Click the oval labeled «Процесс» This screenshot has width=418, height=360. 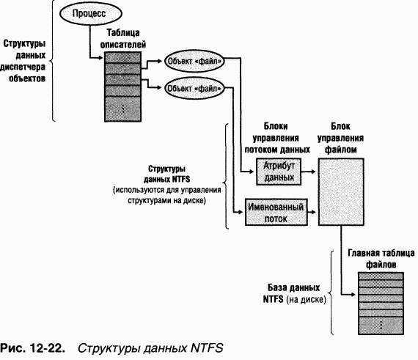point(91,13)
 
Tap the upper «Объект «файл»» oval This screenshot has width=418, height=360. point(194,61)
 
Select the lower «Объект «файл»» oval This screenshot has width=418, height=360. point(194,88)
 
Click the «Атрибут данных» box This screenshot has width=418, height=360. point(279,172)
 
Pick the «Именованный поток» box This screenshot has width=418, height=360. point(276,212)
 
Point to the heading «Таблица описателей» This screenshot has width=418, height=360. point(123,38)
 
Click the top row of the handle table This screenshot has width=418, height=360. point(122,57)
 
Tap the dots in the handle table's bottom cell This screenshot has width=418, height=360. point(123,109)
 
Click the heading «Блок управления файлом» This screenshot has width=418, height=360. point(341,138)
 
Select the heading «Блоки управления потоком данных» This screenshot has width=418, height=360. point(277,138)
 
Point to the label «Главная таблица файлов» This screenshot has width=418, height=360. point(381,259)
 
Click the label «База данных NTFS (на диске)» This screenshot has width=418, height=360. point(294,293)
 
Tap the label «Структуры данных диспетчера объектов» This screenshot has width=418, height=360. point(23,61)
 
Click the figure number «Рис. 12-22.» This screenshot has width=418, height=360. point(32,348)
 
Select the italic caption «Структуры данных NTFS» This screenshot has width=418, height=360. point(150,348)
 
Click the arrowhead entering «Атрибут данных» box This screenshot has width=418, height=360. point(252,172)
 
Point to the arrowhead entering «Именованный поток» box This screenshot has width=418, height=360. point(241,212)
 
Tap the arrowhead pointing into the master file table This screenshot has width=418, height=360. point(353,295)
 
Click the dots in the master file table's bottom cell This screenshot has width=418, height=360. point(381,325)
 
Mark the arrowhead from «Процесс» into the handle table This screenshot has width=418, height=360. point(100,58)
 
